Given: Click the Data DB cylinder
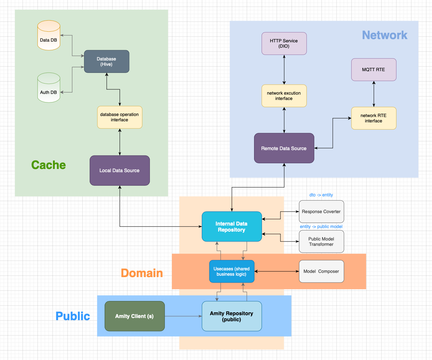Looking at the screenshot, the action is pyautogui.click(x=49, y=35).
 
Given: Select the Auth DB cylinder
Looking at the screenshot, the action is pyautogui.click(x=49, y=88).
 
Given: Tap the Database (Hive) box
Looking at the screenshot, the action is pyautogui.click(x=106, y=62).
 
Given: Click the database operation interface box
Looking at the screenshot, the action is pyautogui.click(x=120, y=117).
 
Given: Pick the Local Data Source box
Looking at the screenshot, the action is pyautogui.click(x=120, y=170).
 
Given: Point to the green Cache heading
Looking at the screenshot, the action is pyautogui.click(x=48, y=165).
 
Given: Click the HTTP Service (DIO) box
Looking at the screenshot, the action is pyautogui.click(x=284, y=43).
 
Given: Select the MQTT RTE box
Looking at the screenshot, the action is pyautogui.click(x=374, y=69).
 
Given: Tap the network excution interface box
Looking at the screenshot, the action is pyautogui.click(x=284, y=96).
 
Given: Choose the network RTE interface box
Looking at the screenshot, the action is pyautogui.click(x=374, y=118).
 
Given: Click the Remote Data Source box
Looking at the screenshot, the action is pyautogui.click(x=284, y=148).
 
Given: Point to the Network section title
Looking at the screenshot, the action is pyautogui.click(x=385, y=35).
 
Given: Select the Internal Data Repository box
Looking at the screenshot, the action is pyautogui.click(x=232, y=227).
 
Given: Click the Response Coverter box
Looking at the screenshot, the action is pyautogui.click(x=321, y=211).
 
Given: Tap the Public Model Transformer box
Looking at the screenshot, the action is pyautogui.click(x=321, y=242).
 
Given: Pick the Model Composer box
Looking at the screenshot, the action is pyautogui.click(x=321, y=271).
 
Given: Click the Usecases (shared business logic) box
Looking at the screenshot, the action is pyautogui.click(x=232, y=271).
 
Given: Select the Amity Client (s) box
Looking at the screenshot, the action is pyautogui.click(x=135, y=316).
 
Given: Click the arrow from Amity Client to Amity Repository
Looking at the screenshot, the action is pyautogui.click(x=183, y=316).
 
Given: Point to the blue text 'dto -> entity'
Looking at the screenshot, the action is pyautogui.click(x=321, y=195).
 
